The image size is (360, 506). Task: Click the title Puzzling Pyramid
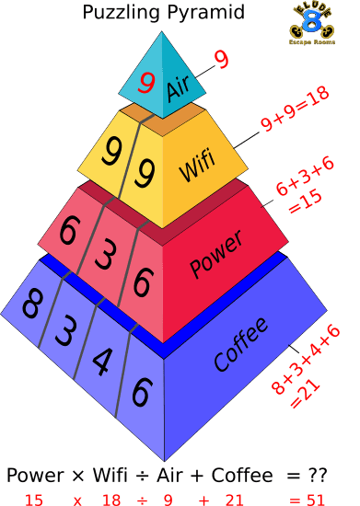[164, 13]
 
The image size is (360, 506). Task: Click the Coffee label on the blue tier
[240, 345]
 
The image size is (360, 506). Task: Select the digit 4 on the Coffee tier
[100, 366]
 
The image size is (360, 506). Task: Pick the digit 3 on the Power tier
[103, 254]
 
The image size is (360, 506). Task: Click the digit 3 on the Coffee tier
[65, 330]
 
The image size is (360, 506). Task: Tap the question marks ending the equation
[317, 476]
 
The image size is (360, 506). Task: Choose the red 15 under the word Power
[34, 499]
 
